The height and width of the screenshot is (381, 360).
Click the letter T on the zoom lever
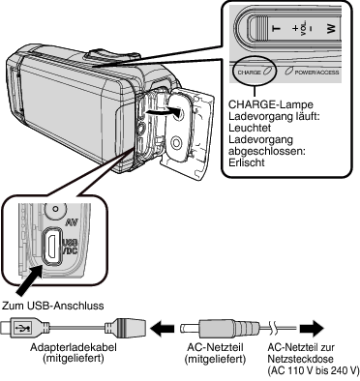point(277,29)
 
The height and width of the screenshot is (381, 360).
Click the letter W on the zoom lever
point(331,29)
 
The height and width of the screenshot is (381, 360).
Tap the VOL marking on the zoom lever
point(303,29)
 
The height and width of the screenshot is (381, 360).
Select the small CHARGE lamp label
point(249,73)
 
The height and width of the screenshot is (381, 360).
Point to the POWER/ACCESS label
point(316,73)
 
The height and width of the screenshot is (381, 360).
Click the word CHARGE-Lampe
point(271,104)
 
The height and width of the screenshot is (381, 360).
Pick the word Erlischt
point(247,162)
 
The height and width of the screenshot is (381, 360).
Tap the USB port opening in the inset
point(51,244)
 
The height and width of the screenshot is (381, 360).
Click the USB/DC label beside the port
point(70,247)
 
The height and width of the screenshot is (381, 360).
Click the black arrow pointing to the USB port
point(29,281)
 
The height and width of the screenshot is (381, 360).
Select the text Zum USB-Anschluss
point(53,306)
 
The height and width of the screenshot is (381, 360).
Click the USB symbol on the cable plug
point(23,329)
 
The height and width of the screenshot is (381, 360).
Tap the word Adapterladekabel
point(74,348)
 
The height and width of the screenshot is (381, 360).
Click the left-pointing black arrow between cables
point(163,329)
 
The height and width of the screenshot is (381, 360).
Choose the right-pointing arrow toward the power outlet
point(312,329)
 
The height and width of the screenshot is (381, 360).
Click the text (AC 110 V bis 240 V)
point(314,370)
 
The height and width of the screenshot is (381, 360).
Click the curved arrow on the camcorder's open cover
point(163,111)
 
